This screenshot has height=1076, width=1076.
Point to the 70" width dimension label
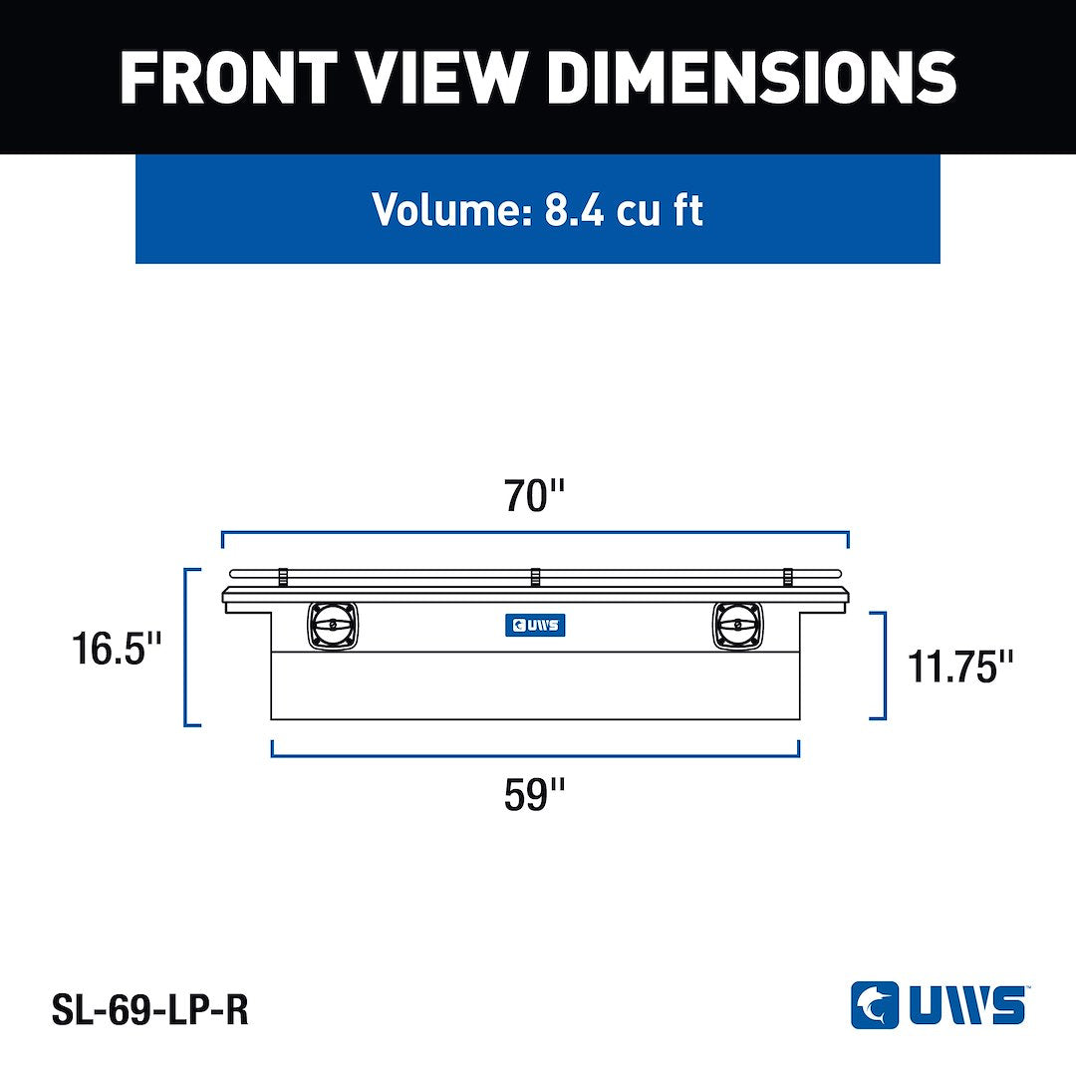point(534,495)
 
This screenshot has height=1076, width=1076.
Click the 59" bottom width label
point(534,795)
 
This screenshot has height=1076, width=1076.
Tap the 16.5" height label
point(117,649)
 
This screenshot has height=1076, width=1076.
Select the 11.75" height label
point(959,667)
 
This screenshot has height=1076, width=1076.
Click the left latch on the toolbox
point(333,626)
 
